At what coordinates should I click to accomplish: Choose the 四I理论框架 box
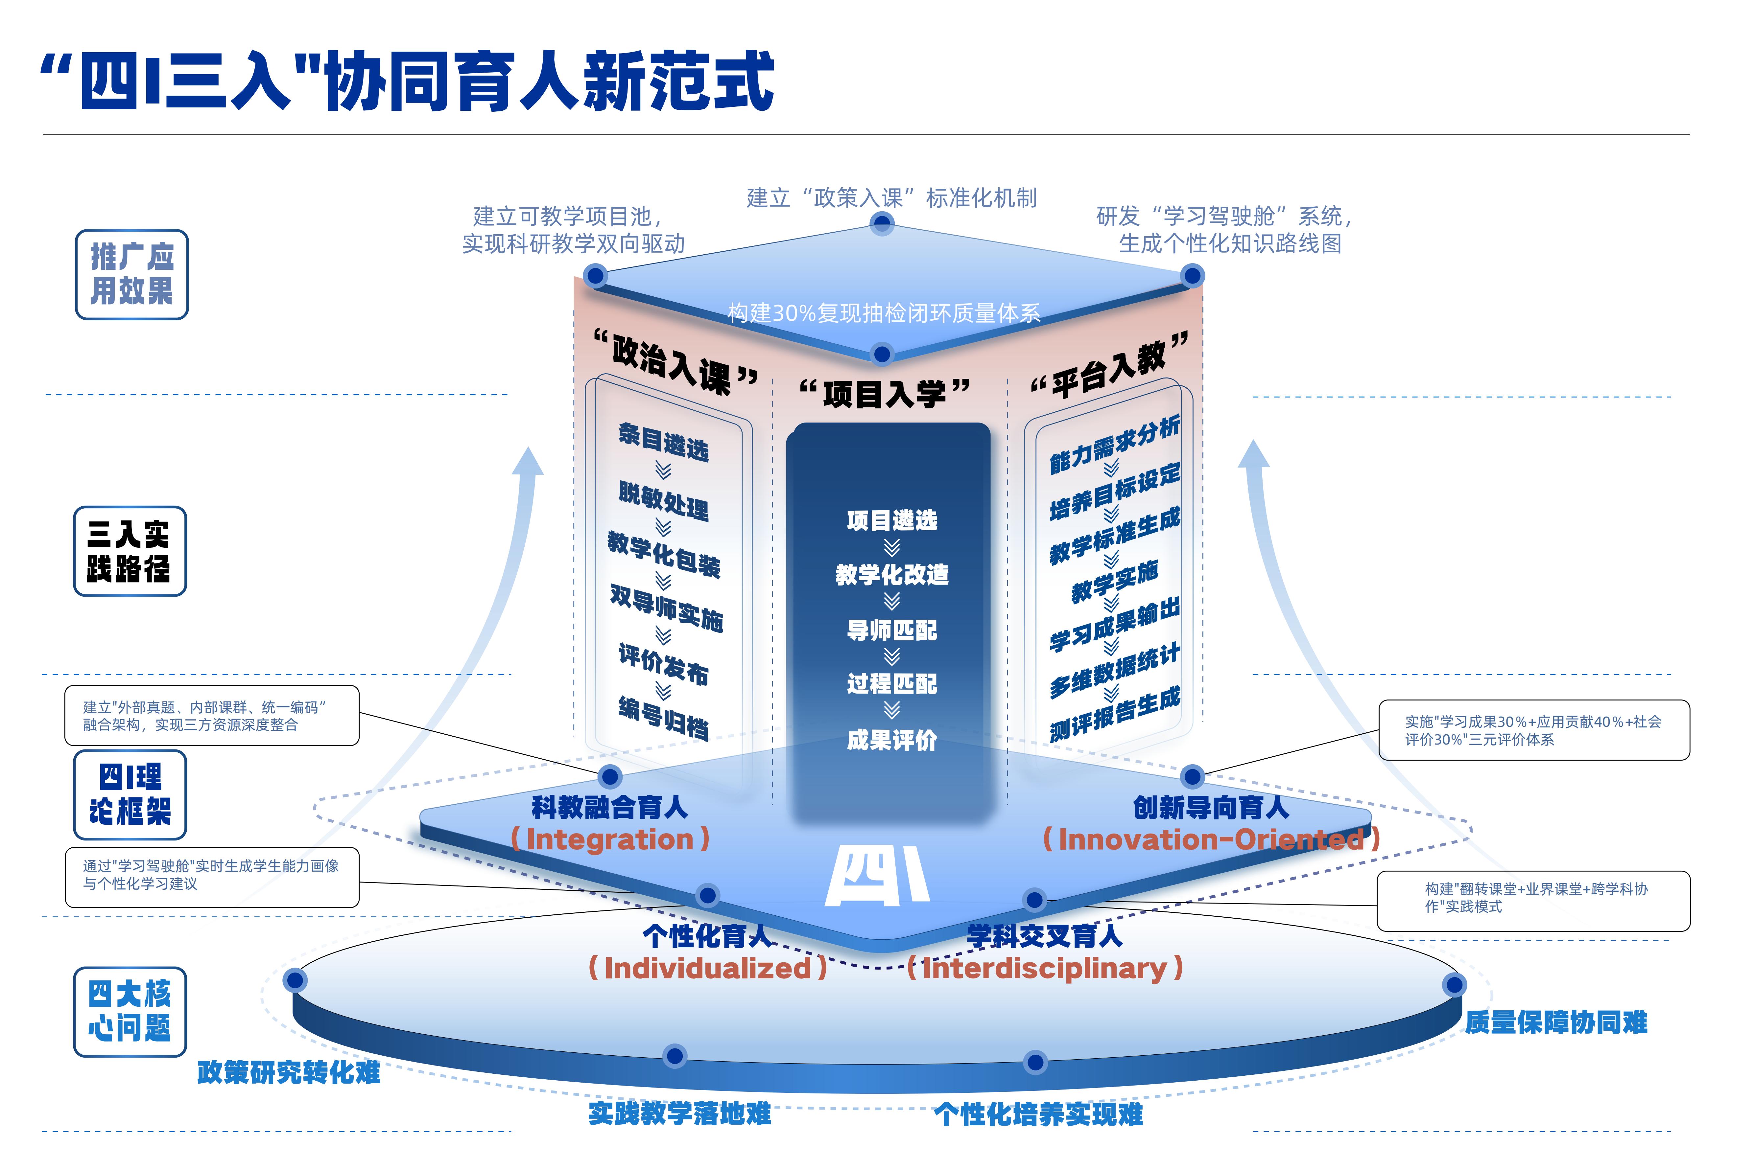click(130, 795)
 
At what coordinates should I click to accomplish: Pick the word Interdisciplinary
click(1045, 969)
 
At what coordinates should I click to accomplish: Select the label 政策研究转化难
click(289, 1072)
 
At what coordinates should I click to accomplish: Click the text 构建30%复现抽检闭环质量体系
click(884, 313)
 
